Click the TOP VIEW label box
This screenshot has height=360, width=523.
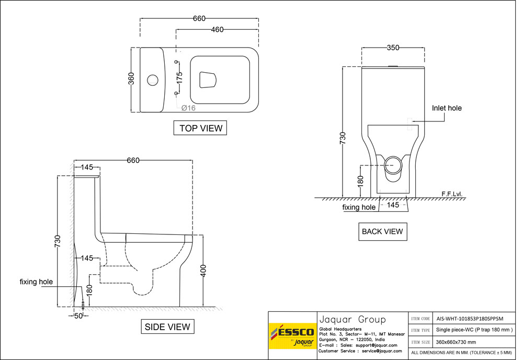click(x=201, y=128)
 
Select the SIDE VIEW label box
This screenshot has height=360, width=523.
click(x=167, y=327)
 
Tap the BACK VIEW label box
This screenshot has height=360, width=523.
click(x=382, y=231)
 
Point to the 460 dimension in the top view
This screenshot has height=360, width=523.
click(x=217, y=29)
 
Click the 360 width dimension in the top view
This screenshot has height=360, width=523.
click(x=132, y=79)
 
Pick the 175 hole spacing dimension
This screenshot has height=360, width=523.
click(x=179, y=78)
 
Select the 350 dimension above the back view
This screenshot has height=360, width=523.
click(x=393, y=48)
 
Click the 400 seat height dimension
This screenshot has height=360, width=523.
click(x=203, y=271)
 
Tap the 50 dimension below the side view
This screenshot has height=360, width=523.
click(x=79, y=316)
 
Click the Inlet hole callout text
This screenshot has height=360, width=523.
click(x=447, y=108)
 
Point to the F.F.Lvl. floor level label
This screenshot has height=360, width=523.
click(x=452, y=194)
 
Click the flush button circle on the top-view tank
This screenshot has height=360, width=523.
click(x=152, y=80)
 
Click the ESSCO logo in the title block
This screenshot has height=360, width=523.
click(x=291, y=336)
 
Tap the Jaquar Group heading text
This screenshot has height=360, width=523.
click(x=352, y=319)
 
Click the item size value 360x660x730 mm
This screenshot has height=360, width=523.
click(x=456, y=342)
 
